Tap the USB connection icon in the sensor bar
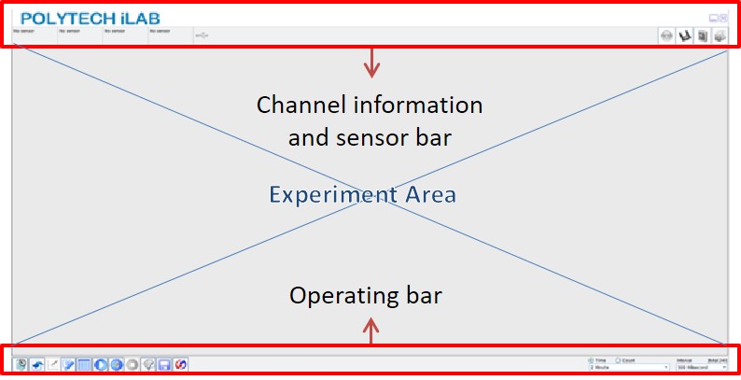[x=203, y=35]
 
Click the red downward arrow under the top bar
[x=372, y=63]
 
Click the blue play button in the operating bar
[x=101, y=364]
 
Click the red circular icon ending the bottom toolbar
[x=180, y=364]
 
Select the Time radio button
[x=590, y=359]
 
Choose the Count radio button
[x=618, y=359]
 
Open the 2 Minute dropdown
[x=628, y=368]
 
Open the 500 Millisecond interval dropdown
[x=702, y=368]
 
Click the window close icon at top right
[x=723, y=18]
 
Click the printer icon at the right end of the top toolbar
[x=720, y=36]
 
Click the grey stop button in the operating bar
[x=133, y=364]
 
